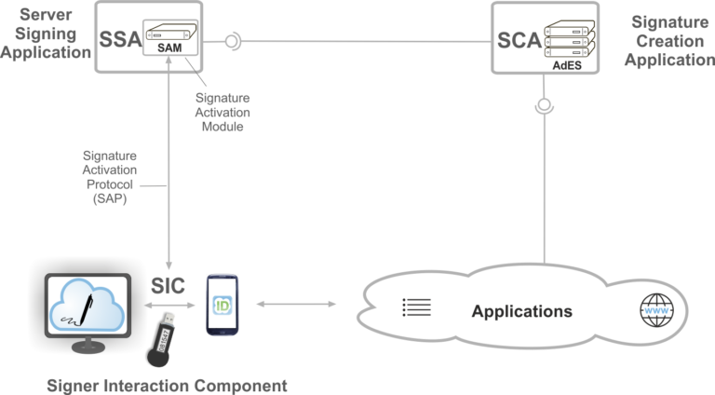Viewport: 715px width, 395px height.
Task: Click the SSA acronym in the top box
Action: click(x=120, y=41)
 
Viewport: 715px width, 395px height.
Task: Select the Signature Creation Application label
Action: click(x=669, y=40)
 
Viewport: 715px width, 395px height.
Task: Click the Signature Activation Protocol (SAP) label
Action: click(x=109, y=178)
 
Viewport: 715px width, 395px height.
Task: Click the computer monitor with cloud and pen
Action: click(x=88, y=313)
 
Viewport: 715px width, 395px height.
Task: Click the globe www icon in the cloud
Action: click(x=654, y=310)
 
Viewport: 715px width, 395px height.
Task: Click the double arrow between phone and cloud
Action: click(x=294, y=305)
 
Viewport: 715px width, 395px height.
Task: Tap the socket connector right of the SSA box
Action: click(x=235, y=40)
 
